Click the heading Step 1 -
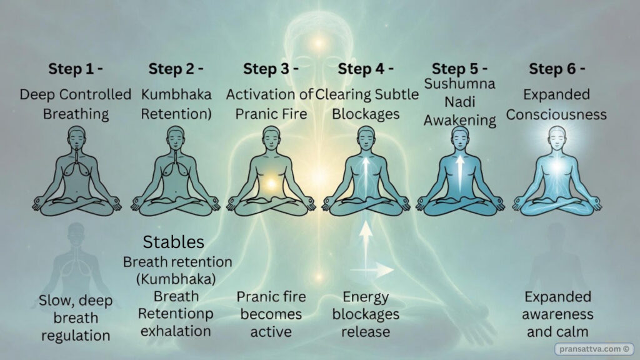pyautogui.click(x=76, y=69)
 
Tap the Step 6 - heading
pyautogui.click(x=556, y=69)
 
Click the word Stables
pyautogui.click(x=174, y=242)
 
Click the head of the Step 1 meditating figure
pyautogui.click(x=76, y=136)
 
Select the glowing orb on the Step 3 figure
pyautogui.click(x=271, y=184)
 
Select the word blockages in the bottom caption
pyautogui.click(x=366, y=314)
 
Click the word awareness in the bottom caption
pyautogui.click(x=558, y=314)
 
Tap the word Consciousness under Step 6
pyautogui.click(x=556, y=114)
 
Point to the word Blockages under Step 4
pyautogui.click(x=366, y=114)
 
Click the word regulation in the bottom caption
pyautogui.click(x=76, y=335)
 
